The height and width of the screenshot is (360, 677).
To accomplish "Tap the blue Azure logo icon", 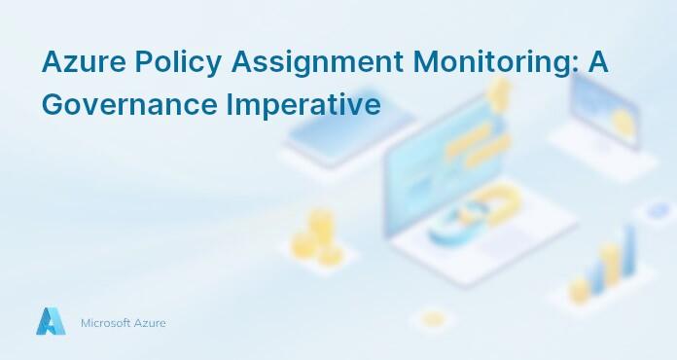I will (51, 321).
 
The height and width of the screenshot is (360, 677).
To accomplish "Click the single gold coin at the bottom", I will (433, 319).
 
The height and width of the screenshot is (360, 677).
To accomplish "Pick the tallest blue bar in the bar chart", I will (628, 255).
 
